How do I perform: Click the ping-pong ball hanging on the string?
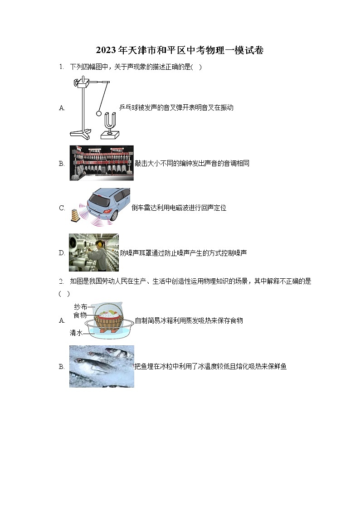point(99,113)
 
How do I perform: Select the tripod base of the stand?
point(80,133)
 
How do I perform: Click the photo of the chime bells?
point(102,163)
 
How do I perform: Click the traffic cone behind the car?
point(74,215)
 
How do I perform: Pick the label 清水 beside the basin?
point(76,333)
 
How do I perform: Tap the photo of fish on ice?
point(102,366)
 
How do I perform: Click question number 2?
point(61,281)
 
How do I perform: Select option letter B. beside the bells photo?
point(62,164)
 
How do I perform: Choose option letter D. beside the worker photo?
point(62,253)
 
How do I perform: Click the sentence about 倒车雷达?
point(179,208)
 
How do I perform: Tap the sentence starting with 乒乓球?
point(176,107)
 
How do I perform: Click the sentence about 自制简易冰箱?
point(189,320)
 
